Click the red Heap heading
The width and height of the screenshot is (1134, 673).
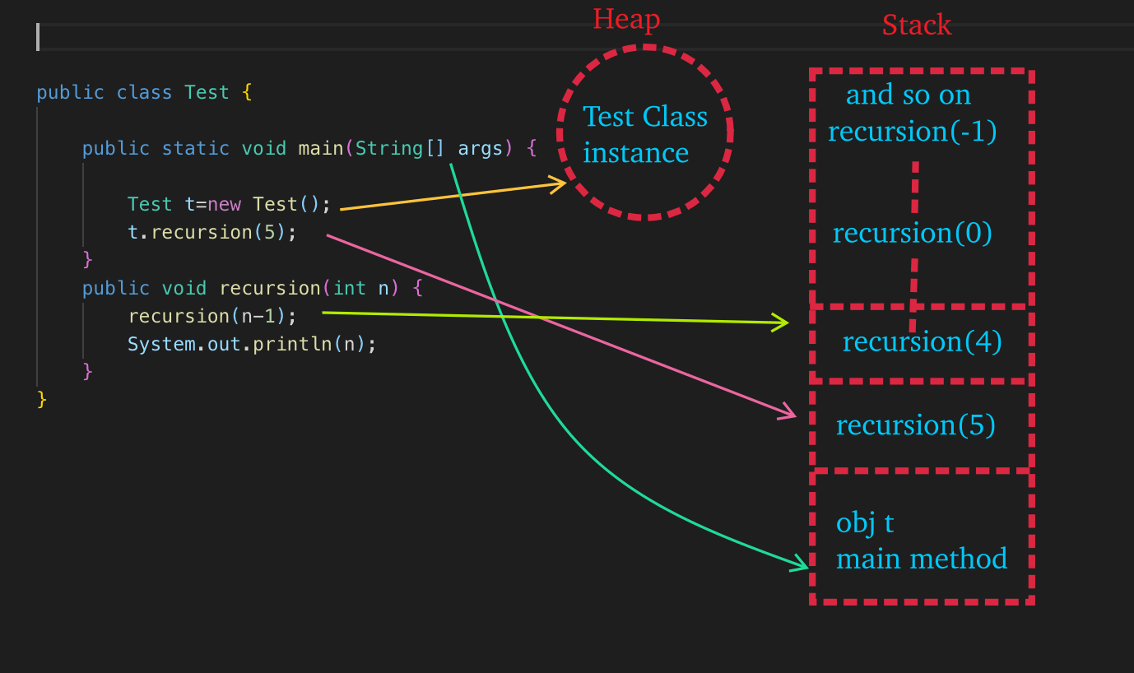click(x=626, y=20)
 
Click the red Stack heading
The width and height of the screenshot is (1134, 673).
click(x=916, y=26)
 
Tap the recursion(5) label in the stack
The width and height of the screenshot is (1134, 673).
click(x=915, y=425)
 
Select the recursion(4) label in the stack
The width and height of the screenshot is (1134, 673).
click(x=922, y=341)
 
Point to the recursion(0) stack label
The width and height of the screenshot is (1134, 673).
click(x=912, y=234)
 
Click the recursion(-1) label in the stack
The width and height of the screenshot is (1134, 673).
click(x=912, y=132)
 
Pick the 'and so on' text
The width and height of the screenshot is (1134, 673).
click(x=908, y=95)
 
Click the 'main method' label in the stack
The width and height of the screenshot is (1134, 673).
click(x=921, y=559)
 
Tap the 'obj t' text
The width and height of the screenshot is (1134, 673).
click(x=864, y=523)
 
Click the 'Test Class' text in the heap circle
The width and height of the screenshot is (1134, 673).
click(x=644, y=117)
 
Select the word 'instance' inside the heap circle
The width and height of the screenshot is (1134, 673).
click(x=635, y=153)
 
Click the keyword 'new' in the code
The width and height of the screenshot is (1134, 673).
click(x=224, y=204)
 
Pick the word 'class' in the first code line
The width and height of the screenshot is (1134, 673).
click(x=144, y=92)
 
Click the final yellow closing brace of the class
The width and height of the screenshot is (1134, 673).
click(x=42, y=400)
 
